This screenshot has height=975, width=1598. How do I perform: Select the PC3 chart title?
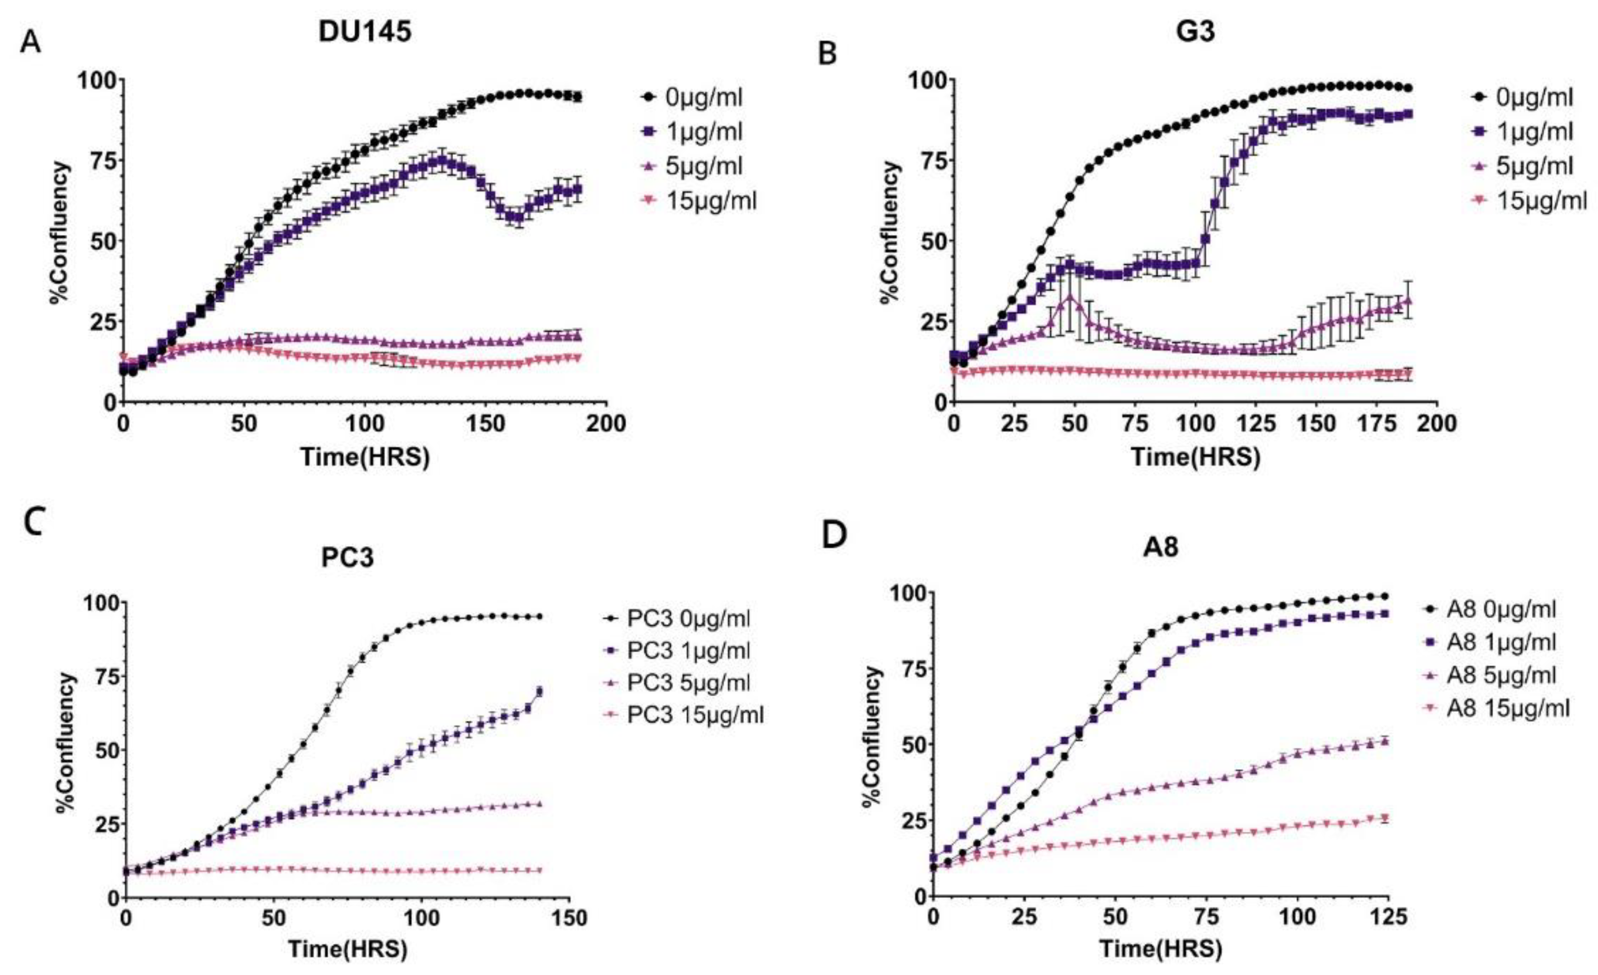tap(348, 558)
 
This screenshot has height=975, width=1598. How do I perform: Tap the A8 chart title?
tap(1161, 547)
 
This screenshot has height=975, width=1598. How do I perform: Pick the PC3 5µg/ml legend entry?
tap(689, 683)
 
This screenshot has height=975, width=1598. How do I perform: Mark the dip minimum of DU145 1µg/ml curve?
tap(517, 217)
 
